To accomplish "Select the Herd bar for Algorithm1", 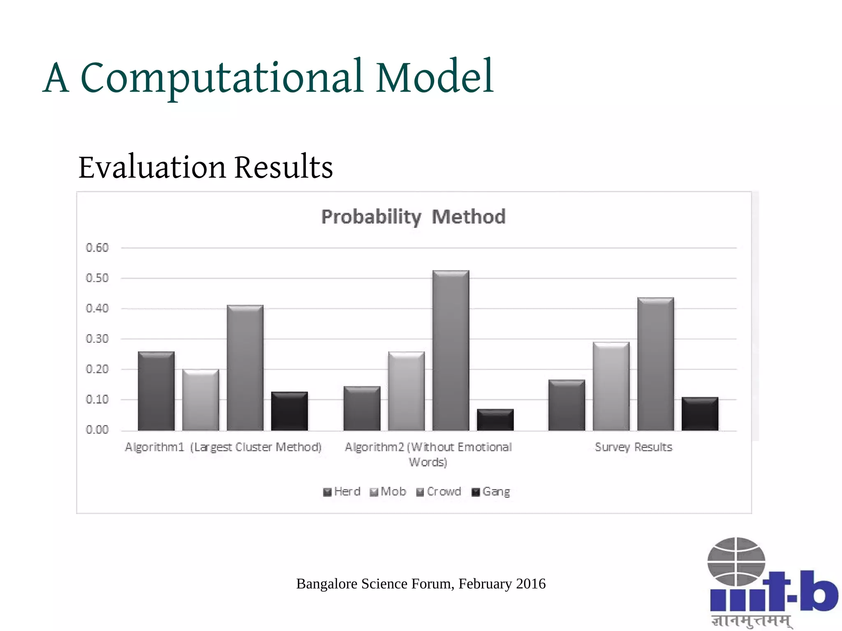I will coord(156,391).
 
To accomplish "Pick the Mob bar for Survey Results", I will coord(611,386).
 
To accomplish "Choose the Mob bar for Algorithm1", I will coord(201,400).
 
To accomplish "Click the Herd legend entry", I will coord(342,492).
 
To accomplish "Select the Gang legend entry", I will coord(491,492).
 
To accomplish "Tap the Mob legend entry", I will coord(388,492).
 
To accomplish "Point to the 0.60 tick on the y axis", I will coord(97,248).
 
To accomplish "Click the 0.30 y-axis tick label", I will coord(97,339).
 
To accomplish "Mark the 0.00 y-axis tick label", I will coord(97,430).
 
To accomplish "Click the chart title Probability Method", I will coord(413,217).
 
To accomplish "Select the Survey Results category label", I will coord(633,447).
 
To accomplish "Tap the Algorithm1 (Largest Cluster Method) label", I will coord(223,447).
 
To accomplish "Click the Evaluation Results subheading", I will coord(206,167).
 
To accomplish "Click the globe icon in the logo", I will coord(736,562).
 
